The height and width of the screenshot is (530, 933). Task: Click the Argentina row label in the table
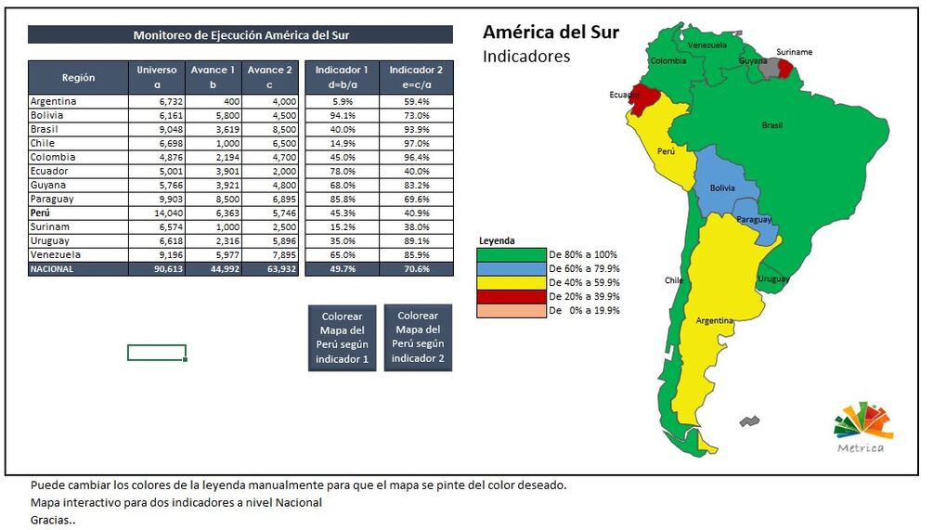click(x=53, y=101)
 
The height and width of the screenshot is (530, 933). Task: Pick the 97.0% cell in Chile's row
click(x=416, y=143)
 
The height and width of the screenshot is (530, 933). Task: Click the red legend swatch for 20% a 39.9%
click(x=512, y=296)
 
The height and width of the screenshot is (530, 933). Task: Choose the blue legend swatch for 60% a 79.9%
click(x=512, y=268)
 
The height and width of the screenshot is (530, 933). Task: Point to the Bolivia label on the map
click(x=722, y=188)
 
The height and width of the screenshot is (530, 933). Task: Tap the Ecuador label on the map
click(x=624, y=95)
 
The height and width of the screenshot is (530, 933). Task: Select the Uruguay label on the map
click(x=773, y=278)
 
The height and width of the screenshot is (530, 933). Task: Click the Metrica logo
click(x=862, y=429)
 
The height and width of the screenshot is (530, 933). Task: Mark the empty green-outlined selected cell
click(x=157, y=353)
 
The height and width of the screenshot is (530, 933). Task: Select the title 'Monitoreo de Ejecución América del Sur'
click(x=240, y=35)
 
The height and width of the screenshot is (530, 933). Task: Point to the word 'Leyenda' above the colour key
click(x=496, y=240)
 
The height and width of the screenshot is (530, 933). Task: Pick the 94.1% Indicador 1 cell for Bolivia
click(x=342, y=115)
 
